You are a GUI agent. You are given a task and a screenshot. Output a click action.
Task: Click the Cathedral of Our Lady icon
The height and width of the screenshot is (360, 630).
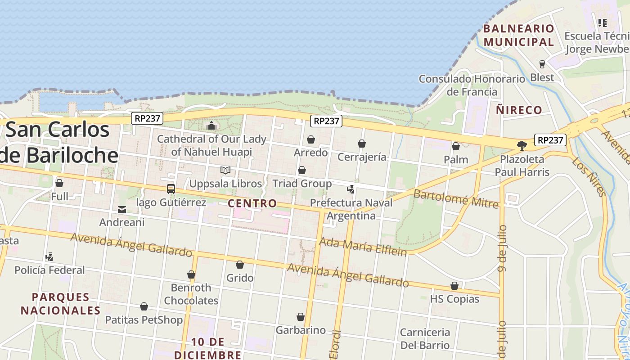[211, 126]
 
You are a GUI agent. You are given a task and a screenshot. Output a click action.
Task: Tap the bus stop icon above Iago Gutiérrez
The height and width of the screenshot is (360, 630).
[171, 189]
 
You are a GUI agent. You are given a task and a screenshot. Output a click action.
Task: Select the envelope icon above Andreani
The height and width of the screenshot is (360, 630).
[122, 209]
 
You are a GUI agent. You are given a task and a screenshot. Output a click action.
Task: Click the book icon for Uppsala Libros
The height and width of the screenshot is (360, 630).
[225, 171]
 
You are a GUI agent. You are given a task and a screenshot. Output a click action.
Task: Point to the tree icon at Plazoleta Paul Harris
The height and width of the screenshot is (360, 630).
[522, 145]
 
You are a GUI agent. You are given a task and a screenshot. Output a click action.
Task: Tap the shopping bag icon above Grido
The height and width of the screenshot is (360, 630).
[240, 265]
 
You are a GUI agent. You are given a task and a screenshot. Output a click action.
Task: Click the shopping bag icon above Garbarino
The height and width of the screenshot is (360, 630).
[301, 317]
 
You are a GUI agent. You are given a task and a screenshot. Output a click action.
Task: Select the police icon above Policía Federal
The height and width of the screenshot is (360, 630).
[49, 257]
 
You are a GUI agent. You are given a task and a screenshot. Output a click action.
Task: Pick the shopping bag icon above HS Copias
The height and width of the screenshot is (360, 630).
[454, 286]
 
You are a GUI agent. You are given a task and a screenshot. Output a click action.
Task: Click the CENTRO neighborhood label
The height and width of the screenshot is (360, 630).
[252, 203]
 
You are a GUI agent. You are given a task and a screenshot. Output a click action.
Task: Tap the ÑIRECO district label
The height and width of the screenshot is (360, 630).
[519, 110]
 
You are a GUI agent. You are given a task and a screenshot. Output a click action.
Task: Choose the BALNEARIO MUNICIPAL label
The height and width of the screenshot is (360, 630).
[518, 35]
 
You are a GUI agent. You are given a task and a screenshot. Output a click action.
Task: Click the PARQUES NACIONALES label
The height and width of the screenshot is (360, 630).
[61, 304]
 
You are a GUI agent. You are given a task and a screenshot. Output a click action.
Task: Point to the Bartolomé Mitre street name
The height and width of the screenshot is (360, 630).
[456, 199]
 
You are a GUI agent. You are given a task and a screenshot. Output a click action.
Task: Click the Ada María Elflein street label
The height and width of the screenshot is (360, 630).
[363, 247]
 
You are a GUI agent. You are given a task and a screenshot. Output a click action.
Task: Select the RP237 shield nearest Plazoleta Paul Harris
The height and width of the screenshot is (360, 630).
[550, 140]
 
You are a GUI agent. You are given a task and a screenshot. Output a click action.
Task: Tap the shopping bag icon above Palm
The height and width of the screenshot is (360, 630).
[456, 146]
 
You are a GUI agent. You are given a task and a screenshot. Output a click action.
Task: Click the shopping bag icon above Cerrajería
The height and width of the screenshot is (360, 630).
[362, 144]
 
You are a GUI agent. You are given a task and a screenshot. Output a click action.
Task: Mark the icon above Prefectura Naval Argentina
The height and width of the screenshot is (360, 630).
[351, 189]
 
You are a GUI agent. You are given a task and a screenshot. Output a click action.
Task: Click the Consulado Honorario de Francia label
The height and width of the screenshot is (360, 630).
[472, 85]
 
